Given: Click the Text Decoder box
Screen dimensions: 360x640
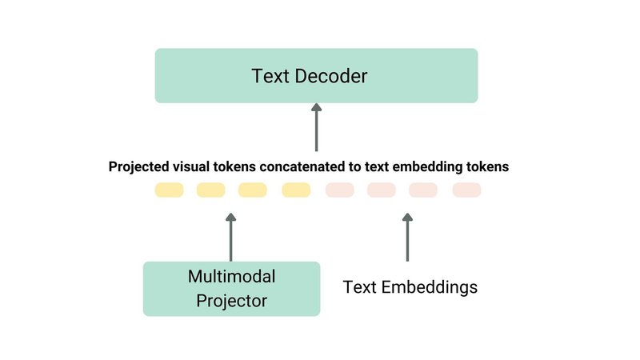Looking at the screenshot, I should (316, 75).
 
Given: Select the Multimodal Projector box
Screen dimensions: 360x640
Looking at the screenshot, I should (231, 289).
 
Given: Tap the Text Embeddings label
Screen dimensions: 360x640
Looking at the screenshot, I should (410, 286).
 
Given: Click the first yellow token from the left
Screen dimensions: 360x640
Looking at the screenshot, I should (169, 190).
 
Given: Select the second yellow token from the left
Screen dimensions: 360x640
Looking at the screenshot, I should (211, 190).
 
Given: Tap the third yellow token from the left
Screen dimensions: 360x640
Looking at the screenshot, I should (253, 190).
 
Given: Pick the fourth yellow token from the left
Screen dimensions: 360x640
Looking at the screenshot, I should (296, 190).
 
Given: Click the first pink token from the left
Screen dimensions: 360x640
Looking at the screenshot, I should (339, 190).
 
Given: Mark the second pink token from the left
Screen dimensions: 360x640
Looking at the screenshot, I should (381, 190).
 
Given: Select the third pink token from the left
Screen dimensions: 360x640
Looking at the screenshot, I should (423, 190).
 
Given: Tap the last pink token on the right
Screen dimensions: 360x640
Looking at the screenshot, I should (466, 190).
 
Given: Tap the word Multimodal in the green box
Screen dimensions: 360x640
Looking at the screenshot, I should (231, 277).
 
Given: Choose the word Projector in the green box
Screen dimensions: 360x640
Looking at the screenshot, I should (231, 301).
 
